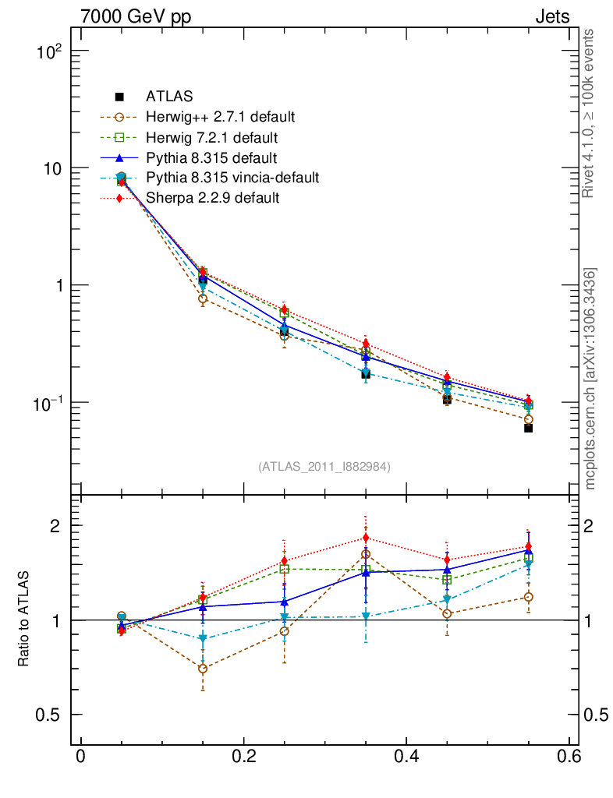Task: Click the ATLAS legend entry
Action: click(x=168, y=97)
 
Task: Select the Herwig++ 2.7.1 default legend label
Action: click(x=220, y=117)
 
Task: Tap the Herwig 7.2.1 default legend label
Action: click(x=211, y=137)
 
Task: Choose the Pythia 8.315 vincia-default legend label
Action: click(x=232, y=178)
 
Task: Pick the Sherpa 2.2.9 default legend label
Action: click(x=212, y=198)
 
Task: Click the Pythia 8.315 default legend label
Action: click(x=211, y=157)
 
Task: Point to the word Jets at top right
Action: click(x=551, y=16)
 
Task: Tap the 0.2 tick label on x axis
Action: click(x=244, y=756)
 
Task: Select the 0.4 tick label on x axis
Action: click(x=407, y=756)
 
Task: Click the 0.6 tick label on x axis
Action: click(x=569, y=756)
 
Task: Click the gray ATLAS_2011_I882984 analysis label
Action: click(x=324, y=466)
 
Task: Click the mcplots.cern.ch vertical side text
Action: click(x=590, y=378)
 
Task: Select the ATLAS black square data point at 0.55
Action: click(x=528, y=428)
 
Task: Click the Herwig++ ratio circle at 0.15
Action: click(x=203, y=669)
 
